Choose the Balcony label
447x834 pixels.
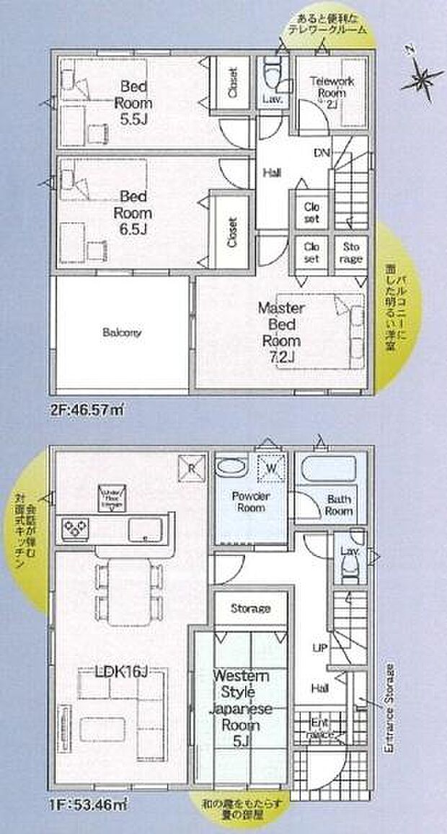pos(122,333)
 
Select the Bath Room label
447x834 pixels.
pos(338,504)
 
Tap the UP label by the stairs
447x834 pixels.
pos(320,647)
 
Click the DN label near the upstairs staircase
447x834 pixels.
pos(322,153)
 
